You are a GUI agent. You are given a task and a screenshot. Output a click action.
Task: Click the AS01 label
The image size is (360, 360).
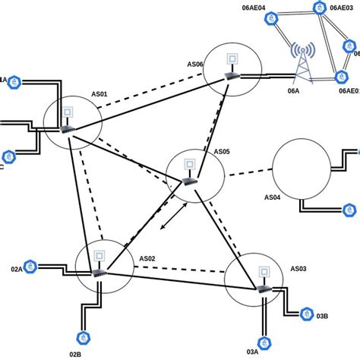point(99,95)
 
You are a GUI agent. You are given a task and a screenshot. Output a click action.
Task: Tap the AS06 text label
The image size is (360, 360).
point(194,65)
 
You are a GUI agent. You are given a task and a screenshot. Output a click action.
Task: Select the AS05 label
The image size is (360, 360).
point(221,151)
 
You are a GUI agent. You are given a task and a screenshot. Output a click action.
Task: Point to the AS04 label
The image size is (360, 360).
point(273,197)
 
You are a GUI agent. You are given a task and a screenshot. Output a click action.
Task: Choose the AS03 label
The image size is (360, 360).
point(298,269)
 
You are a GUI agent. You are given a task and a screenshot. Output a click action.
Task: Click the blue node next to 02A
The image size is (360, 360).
point(30,267)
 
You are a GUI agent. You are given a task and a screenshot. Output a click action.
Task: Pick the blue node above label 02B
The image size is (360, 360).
point(81,337)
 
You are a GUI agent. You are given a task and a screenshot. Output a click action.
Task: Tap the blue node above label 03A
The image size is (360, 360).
point(264,342)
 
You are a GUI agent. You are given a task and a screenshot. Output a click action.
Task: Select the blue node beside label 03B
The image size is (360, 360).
point(306,313)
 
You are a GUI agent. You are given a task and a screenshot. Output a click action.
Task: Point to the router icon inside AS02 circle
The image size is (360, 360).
point(97,272)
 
